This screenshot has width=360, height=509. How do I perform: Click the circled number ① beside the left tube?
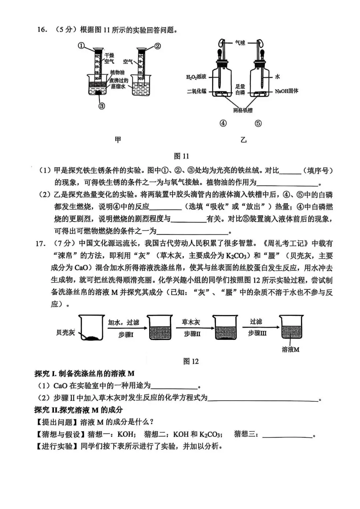[82, 46]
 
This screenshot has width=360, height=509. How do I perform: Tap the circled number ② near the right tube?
[158, 46]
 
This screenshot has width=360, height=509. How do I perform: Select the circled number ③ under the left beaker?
[102, 106]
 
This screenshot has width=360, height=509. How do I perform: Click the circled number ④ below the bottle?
[223, 123]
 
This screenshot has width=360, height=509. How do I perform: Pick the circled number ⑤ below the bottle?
[258, 123]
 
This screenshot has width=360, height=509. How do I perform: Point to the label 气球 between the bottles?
[240, 43]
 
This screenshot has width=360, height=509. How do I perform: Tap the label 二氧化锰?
[197, 91]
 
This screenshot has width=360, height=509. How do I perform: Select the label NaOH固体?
[286, 91]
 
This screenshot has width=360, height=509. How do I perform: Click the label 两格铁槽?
[243, 110]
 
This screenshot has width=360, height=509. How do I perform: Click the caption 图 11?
[181, 156]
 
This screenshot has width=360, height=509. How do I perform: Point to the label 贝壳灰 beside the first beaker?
[65, 332]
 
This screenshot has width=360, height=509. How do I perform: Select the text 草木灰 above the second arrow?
[191, 322]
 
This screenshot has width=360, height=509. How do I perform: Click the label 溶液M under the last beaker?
[290, 349]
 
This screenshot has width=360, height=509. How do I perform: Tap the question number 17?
[40, 244]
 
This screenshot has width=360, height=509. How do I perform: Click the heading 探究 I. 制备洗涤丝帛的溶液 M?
[84, 374]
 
